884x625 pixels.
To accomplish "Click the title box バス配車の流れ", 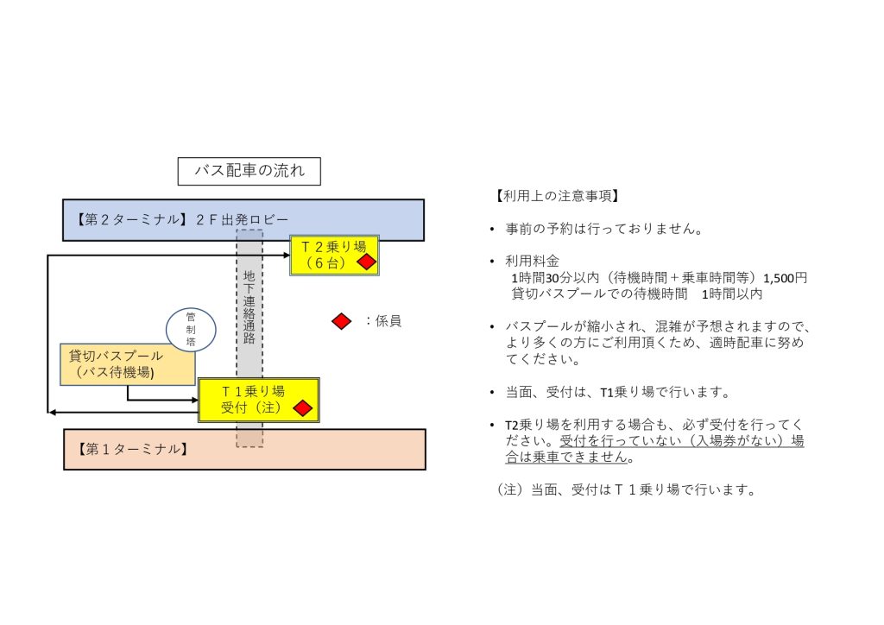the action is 249,171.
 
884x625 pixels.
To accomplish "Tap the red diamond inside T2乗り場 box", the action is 366,262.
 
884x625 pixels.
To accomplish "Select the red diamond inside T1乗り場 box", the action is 303,408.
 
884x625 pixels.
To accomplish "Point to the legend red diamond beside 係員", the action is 341,321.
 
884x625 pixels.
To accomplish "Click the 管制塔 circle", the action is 191,330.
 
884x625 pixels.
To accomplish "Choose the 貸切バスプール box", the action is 128,364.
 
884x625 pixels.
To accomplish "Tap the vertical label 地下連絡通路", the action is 249,306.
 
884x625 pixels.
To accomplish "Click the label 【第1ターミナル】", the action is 132,449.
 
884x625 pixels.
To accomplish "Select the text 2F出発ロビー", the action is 242,220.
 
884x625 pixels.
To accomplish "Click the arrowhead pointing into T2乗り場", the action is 287,256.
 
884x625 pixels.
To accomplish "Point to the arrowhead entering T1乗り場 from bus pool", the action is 195,401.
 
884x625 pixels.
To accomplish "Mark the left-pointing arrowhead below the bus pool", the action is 52,413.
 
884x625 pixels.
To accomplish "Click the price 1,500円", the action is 786,278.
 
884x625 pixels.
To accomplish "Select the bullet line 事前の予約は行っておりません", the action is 603,229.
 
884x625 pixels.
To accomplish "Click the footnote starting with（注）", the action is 627,489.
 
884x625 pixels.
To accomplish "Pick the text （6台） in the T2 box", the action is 325,263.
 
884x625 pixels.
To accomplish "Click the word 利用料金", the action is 532,261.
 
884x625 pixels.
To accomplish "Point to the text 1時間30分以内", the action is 555,278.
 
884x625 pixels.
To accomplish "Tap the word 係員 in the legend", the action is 388,321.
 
